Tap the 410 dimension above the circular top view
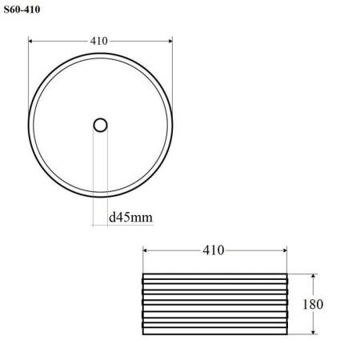[99, 39]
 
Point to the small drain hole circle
[100, 125]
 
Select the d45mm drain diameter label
[130, 216]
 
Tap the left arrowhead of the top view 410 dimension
[31, 39]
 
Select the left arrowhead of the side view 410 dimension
[146, 250]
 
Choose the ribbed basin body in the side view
[214, 304]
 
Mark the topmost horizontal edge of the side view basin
[214, 274]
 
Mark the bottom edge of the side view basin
[214, 334]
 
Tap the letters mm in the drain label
[142, 216]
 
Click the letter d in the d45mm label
[112, 216]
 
